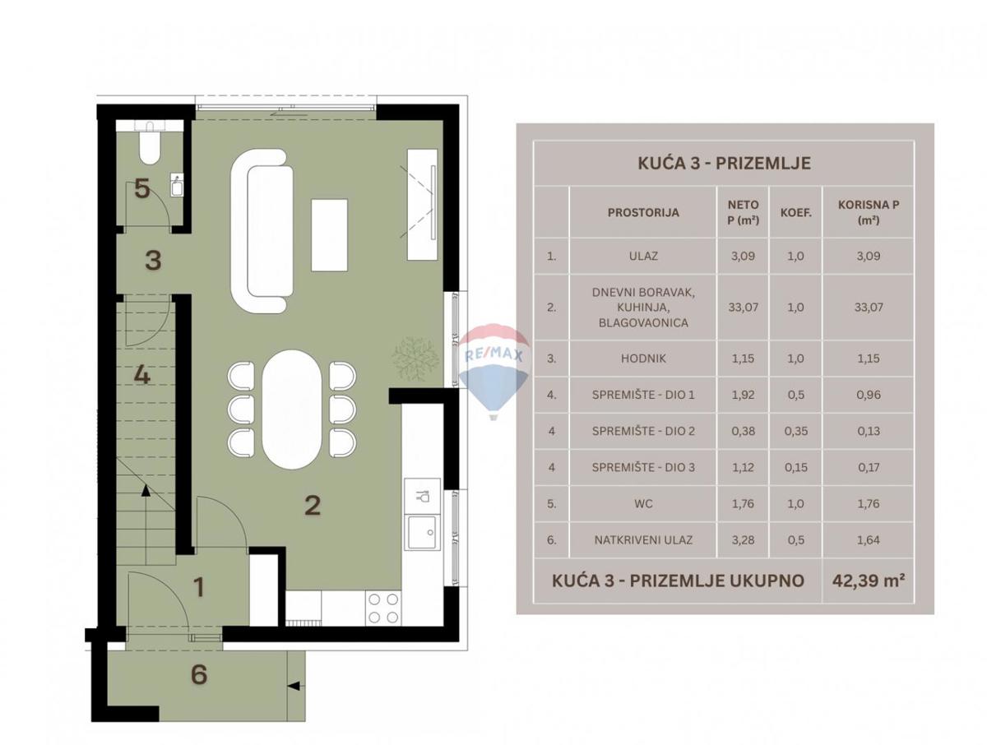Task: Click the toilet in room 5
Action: tap(149, 145)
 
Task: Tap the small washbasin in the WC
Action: tap(176, 186)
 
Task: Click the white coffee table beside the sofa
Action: tap(329, 234)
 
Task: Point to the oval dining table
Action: tap(292, 409)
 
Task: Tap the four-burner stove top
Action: tap(382, 608)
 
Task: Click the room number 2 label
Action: tap(313, 504)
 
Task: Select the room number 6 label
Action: tap(198, 675)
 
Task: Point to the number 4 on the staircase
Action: tap(142, 376)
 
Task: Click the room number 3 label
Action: tap(153, 261)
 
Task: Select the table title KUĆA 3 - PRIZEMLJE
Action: tap(724, 163)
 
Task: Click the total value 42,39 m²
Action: tap(867, 580)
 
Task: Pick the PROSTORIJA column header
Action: tap(643, 212)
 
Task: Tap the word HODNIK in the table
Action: tap(643, 359)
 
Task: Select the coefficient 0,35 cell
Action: tap(794, 431)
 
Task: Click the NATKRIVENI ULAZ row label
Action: tap(643, 540)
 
